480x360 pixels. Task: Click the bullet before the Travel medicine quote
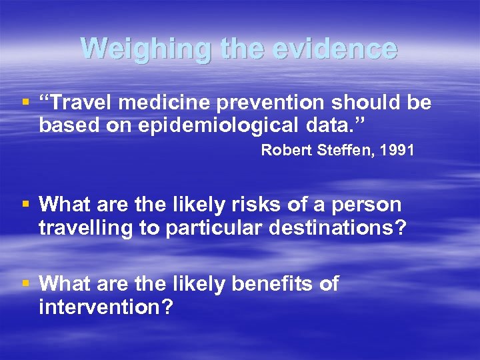click(26, 103)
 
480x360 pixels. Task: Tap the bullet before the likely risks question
click(26, 205)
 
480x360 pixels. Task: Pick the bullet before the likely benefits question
click(26, 285)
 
